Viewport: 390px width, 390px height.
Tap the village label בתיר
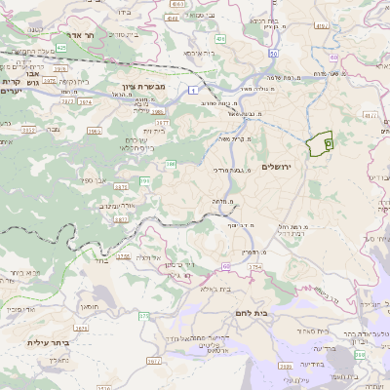click(x=101, y=261)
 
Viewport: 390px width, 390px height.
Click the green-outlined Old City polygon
click(x=320, y=145)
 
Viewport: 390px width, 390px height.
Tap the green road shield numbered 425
click(x=61, y=46)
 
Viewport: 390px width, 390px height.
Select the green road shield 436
click(x=220, y=40)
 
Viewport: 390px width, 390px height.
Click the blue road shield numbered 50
click(x=274, y=55)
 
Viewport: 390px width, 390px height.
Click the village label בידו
click(x=126, y=14)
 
